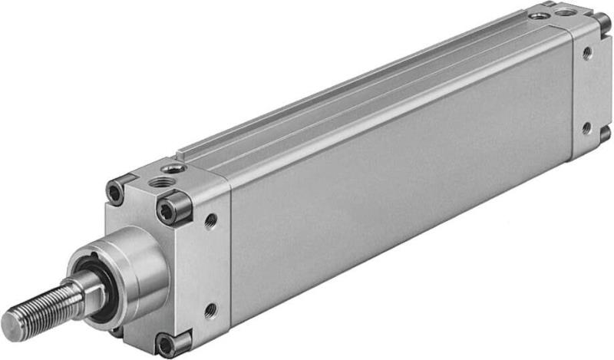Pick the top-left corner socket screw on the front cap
point(116,190)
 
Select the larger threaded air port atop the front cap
point(163,182)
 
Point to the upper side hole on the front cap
point(210,221)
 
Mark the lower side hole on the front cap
point(210,311)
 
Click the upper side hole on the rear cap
point(587,53)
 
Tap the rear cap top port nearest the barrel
point(540,15)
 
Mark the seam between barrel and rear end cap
point(573,92)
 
